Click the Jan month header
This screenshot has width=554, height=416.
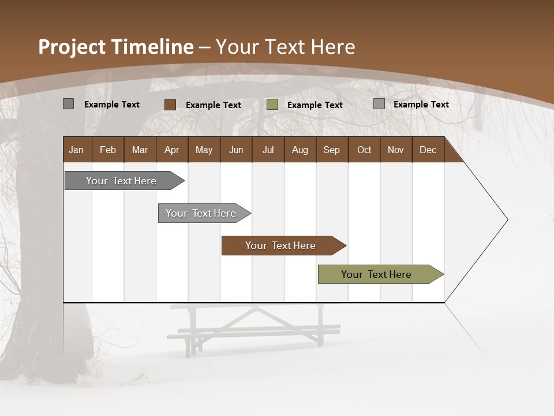click(76, 150)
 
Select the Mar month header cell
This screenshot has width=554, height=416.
click(140, 150)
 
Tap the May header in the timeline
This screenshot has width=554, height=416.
click(204, 150)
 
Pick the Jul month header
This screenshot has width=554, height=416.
click(268, 150)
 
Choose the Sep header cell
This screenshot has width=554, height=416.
click(331, 150)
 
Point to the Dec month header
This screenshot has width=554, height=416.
click(428, 150)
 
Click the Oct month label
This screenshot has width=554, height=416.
click(364, 150)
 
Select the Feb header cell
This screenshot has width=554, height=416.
click(108, 150)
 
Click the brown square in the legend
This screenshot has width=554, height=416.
click(170, 105)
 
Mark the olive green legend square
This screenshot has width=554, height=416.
click(272, 105)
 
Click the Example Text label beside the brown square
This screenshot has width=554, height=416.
click(214, 105)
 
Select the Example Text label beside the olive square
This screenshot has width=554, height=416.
click(315, 105)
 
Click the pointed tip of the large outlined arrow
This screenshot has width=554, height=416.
click(507, 220)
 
